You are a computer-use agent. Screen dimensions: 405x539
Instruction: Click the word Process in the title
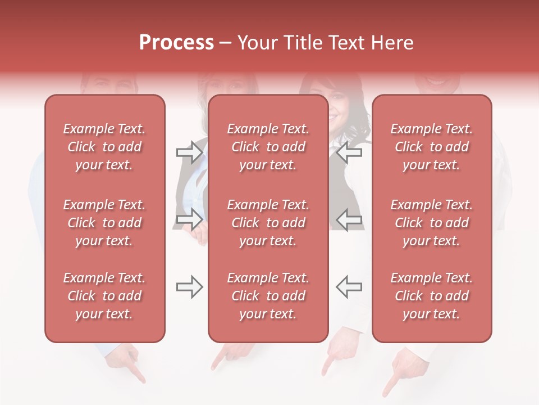[176, 43]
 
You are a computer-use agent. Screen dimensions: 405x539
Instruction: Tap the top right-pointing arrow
[189, 152]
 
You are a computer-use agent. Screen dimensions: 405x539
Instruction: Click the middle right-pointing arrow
[189, 219]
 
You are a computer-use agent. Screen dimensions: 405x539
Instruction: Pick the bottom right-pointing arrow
[189, 287]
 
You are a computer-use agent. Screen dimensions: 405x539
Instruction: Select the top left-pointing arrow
[349, 152]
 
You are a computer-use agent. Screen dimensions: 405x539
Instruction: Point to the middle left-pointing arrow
[349, 219]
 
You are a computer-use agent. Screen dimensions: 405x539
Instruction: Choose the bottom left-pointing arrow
[349, 287]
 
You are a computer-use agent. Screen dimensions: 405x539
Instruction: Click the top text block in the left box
[104, 147]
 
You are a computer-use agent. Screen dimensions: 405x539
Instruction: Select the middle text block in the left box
[104, 223]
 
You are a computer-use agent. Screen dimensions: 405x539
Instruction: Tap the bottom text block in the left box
[104, 296]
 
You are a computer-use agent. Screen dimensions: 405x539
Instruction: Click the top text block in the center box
[268, 147]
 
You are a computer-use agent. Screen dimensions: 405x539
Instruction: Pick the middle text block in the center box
[268, 223]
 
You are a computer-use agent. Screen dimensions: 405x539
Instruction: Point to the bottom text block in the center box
[268, 296]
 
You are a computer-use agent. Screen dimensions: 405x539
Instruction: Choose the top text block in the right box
[431, 147]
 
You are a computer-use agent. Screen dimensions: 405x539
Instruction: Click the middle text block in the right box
[431, 223]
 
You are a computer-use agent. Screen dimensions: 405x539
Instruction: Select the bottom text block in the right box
[431, 296]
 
